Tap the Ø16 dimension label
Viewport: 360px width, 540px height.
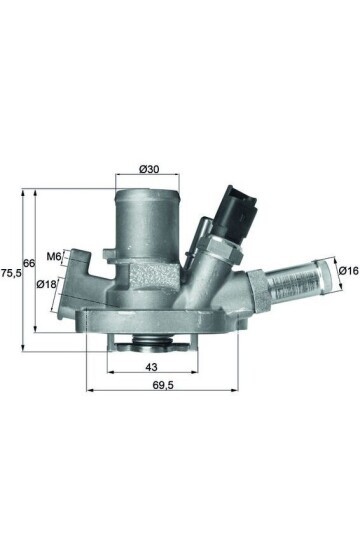click(x=347, y=270)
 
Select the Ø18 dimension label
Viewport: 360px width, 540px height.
click(x=47, y=284)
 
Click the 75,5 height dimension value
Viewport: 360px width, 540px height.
click(x=9, y=271)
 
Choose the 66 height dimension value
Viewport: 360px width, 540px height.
click(x=29, y=262)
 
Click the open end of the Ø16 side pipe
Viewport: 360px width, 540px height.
click(x=326, y=269)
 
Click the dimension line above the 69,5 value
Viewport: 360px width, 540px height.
click(x=162, y=390)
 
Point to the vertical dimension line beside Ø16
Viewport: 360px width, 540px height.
click(x=334, y=270)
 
